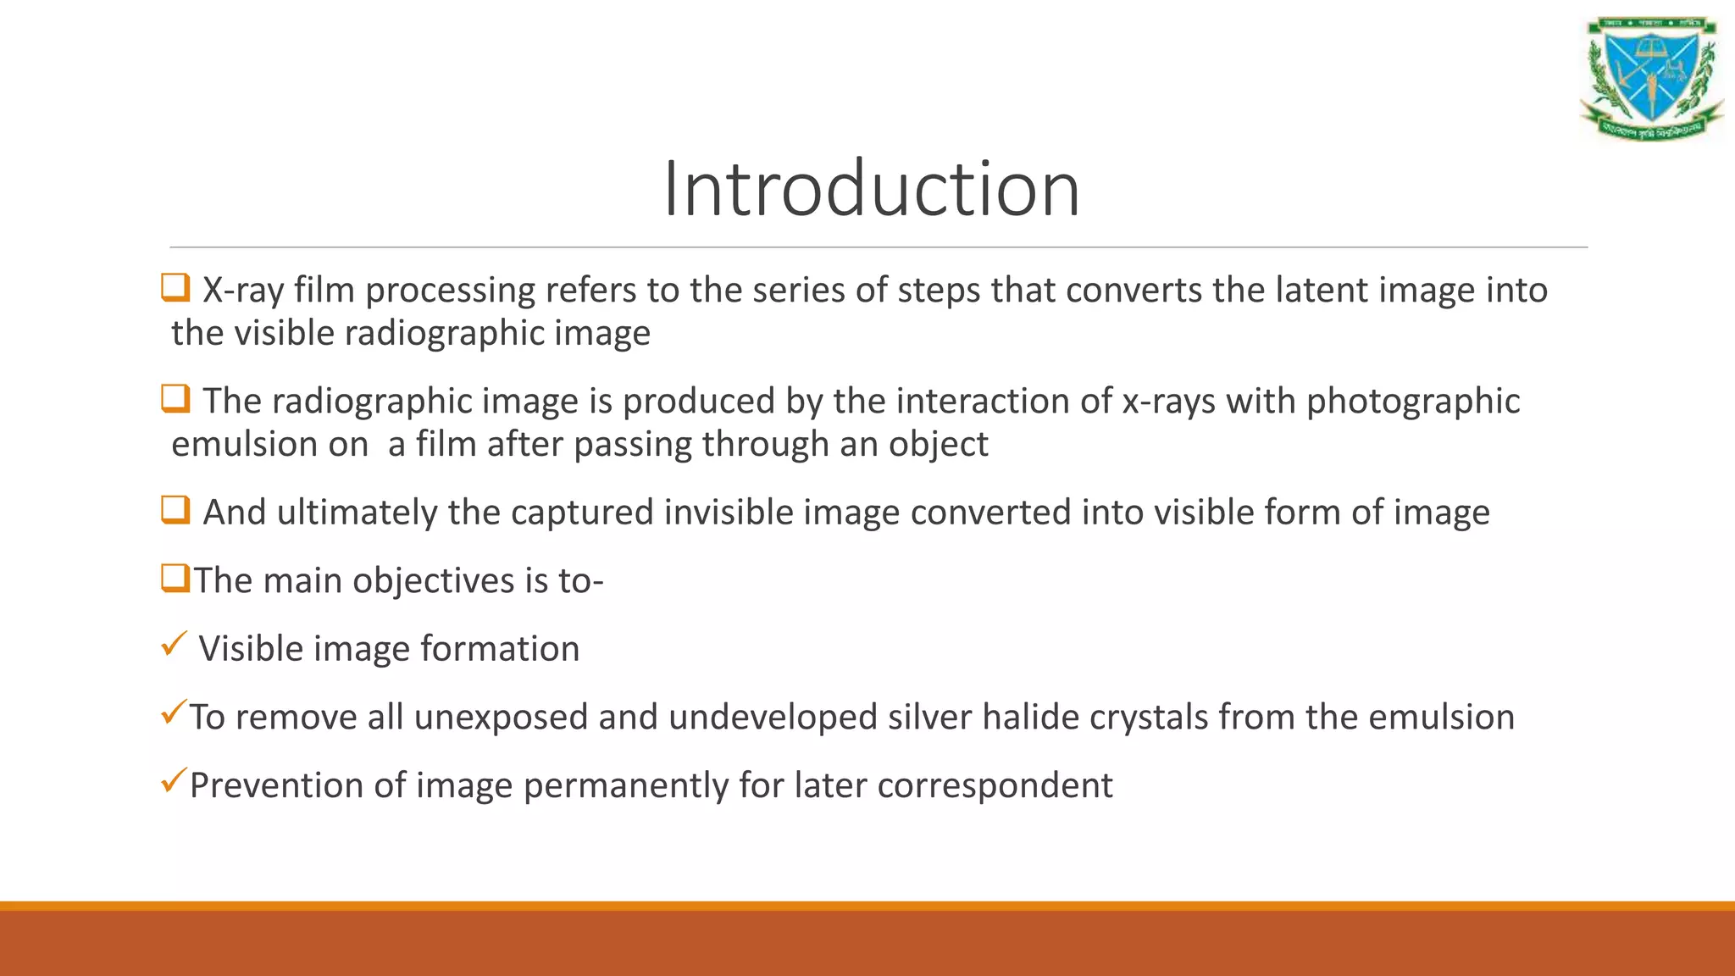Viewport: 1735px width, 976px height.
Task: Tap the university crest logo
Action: click(1651, 78)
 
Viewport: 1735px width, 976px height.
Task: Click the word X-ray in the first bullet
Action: click(242, 291)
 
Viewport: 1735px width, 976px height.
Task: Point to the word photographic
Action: click(1412, 402)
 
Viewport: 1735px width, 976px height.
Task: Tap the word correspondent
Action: click(995, 786)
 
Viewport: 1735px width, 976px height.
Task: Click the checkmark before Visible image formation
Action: click(173, 645)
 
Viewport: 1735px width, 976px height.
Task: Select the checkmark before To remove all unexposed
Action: click(173, 713)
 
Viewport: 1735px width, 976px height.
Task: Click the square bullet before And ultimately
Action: click(175, 510)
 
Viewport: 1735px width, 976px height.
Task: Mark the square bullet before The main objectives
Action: click(175, 579)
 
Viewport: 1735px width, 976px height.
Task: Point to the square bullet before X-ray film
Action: click(175, 288)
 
